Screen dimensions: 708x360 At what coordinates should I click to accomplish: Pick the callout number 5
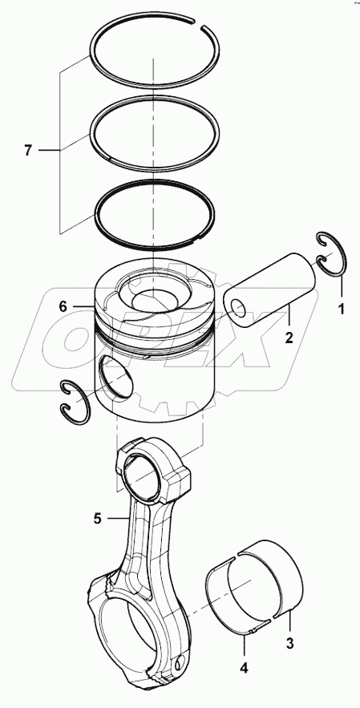click(96, 518)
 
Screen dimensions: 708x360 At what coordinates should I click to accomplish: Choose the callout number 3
click(290, 641)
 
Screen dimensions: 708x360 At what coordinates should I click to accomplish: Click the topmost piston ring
click(152, 24)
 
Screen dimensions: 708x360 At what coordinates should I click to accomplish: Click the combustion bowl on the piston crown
click(152, 299)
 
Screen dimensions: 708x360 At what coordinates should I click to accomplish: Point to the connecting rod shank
click(143, 545)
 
